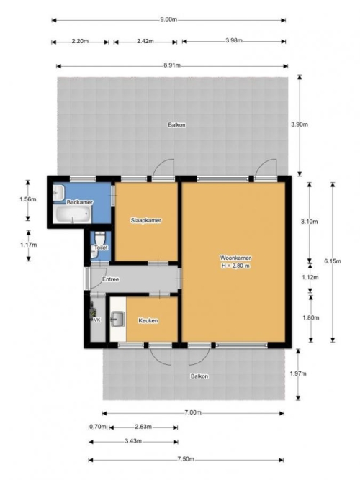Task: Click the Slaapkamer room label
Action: tap(146, 220)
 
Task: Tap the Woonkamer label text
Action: tap(235, 258)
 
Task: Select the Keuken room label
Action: tap(148, 320)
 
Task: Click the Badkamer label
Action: tap(80, 202)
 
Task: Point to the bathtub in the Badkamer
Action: tap(72, 214)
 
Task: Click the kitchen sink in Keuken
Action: tap(118, 319)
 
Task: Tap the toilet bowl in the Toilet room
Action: tap(100, 237)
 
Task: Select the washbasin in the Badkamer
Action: tap(58, 193)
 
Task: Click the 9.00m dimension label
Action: tap(168, 19)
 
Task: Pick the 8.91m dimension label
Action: tap(172, 65)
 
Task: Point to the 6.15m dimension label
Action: tap(333, 261)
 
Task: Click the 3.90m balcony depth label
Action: tap(300, 124)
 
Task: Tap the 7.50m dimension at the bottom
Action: tap(186, 459)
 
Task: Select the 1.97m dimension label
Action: tap(298, 373)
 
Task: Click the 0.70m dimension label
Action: tap(98, 427)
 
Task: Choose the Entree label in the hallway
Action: tap(110, 279)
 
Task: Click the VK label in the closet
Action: tap(96, 320)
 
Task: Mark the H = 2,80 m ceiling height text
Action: tap(235, 266)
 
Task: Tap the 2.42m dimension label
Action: tap(145, 41)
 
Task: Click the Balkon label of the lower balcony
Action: tap(199, 376)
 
